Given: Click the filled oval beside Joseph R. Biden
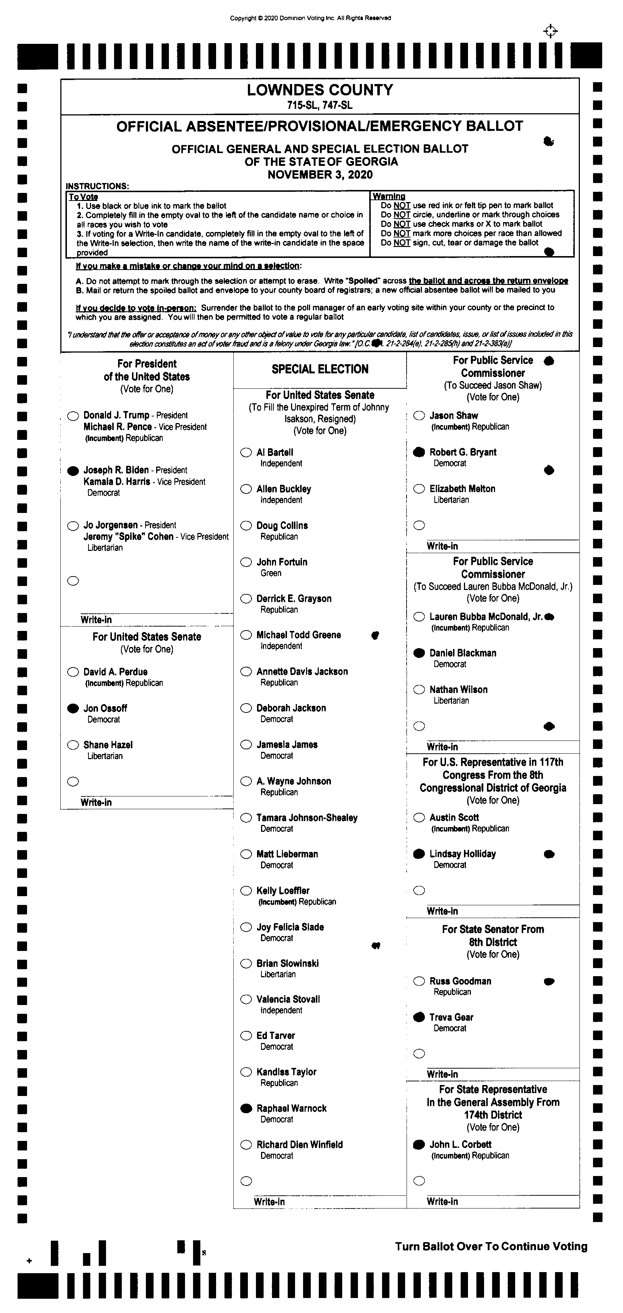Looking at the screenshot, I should click(73, 471).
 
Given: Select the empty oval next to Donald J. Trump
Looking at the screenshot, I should click(73, 416).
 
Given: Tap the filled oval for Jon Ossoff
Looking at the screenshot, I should click(73, 708).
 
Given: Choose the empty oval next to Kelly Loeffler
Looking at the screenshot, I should click(246, 890).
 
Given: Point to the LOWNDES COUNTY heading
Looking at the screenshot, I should click(320, 90).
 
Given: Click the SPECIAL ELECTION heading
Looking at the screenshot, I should click(320, 369).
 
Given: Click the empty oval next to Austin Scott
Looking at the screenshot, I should click(419, 818).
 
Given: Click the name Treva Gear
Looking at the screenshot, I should click(451, 1017).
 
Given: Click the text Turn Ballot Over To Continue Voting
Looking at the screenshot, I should click(491, 1246).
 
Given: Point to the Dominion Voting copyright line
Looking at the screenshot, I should click(310, 18).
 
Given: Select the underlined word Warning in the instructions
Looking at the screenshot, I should click(388, 196).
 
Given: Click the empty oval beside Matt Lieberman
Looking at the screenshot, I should click(246, 854).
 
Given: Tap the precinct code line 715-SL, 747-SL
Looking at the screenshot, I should click(320, 106).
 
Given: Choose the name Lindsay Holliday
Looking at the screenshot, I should click(462, 854).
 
